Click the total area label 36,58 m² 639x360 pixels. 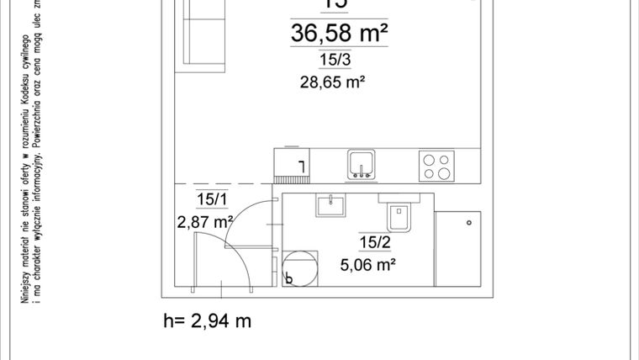click(339, 34)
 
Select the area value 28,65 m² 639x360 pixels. click(335, 82)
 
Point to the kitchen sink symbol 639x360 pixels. click(362, 164)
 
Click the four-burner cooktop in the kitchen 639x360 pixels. click(437, 165)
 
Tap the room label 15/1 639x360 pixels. click(212, 199)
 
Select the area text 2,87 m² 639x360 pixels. click(204, 223)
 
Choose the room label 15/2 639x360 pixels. click(376, 244)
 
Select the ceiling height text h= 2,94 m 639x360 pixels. click(207, 320)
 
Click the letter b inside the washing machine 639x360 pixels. click(289, 279)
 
